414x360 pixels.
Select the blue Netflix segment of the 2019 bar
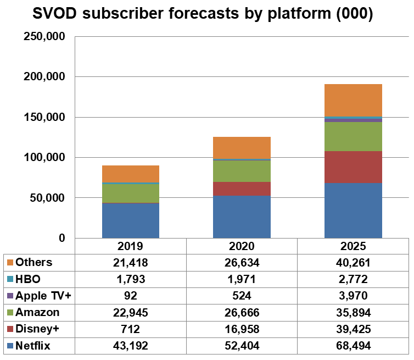[x=130, y=220]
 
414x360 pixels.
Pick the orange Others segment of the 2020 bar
[x=242, y=147]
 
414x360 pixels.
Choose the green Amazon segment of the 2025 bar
[x=353, y=136]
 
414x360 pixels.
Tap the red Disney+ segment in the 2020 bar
[x=242, y=189]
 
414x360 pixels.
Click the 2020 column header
[x=242, y=246]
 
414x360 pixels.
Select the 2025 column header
[x=353, y=246]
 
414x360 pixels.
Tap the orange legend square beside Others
[x=10, y=262]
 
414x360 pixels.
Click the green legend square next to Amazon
[x=10, y=313]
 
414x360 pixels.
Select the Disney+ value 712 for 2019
[x=131, y=330]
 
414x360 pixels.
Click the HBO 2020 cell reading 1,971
[x=242, y=279]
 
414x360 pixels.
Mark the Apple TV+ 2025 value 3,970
[x=353, y=296]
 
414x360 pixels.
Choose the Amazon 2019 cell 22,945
[x=131, y=313]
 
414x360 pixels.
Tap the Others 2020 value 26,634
[x=242, y=262]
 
